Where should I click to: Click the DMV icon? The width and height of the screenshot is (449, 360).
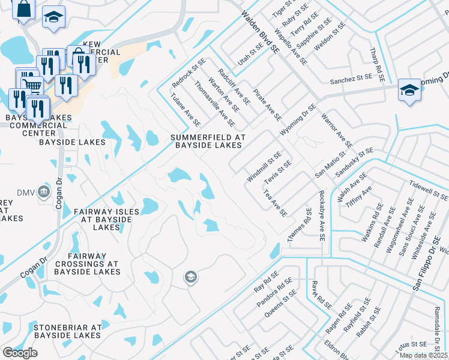(43, 192)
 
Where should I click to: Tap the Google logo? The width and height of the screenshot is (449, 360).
(20, 353)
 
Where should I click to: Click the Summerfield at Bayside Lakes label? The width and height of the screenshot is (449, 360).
(208, 141)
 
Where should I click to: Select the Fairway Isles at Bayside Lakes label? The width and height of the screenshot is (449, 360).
(106, 220)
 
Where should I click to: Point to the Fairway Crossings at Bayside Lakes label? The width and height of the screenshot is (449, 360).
(88, 264)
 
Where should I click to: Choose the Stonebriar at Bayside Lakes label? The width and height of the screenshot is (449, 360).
(67, 331)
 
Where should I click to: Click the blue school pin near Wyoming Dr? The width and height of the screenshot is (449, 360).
(409, 91)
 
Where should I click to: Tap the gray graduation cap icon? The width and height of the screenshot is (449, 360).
(191, 277)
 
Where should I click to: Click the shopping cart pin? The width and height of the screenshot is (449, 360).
(31, 83)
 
